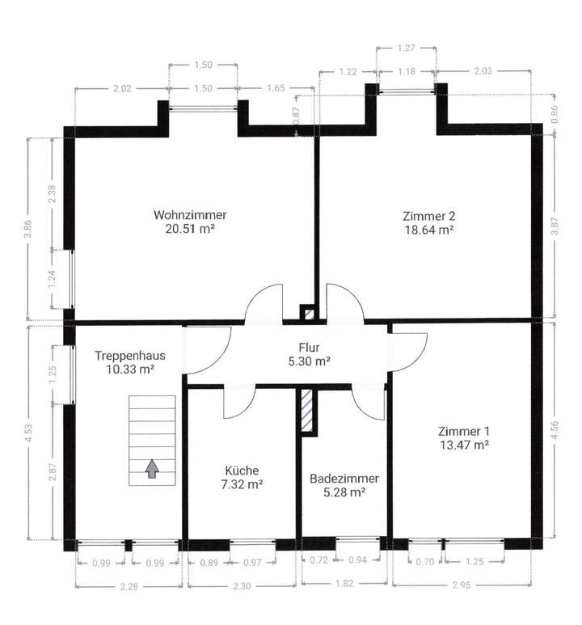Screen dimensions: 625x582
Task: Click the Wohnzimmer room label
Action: (x=190, y=215)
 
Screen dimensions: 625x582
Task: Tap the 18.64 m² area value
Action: (x=428, y=230)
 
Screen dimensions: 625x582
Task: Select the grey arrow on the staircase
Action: (x=151, y=468)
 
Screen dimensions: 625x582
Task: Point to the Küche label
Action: (x=242, y=470)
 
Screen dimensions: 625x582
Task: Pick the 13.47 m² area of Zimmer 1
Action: (x=463, y=445)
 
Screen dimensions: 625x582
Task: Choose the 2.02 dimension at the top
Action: (x=121, y=87)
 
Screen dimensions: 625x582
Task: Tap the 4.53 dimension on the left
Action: (x=30, y=430)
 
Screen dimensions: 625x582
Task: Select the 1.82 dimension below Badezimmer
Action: (x=344, y=583)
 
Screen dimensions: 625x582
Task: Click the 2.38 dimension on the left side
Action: (x=52, y=194)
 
